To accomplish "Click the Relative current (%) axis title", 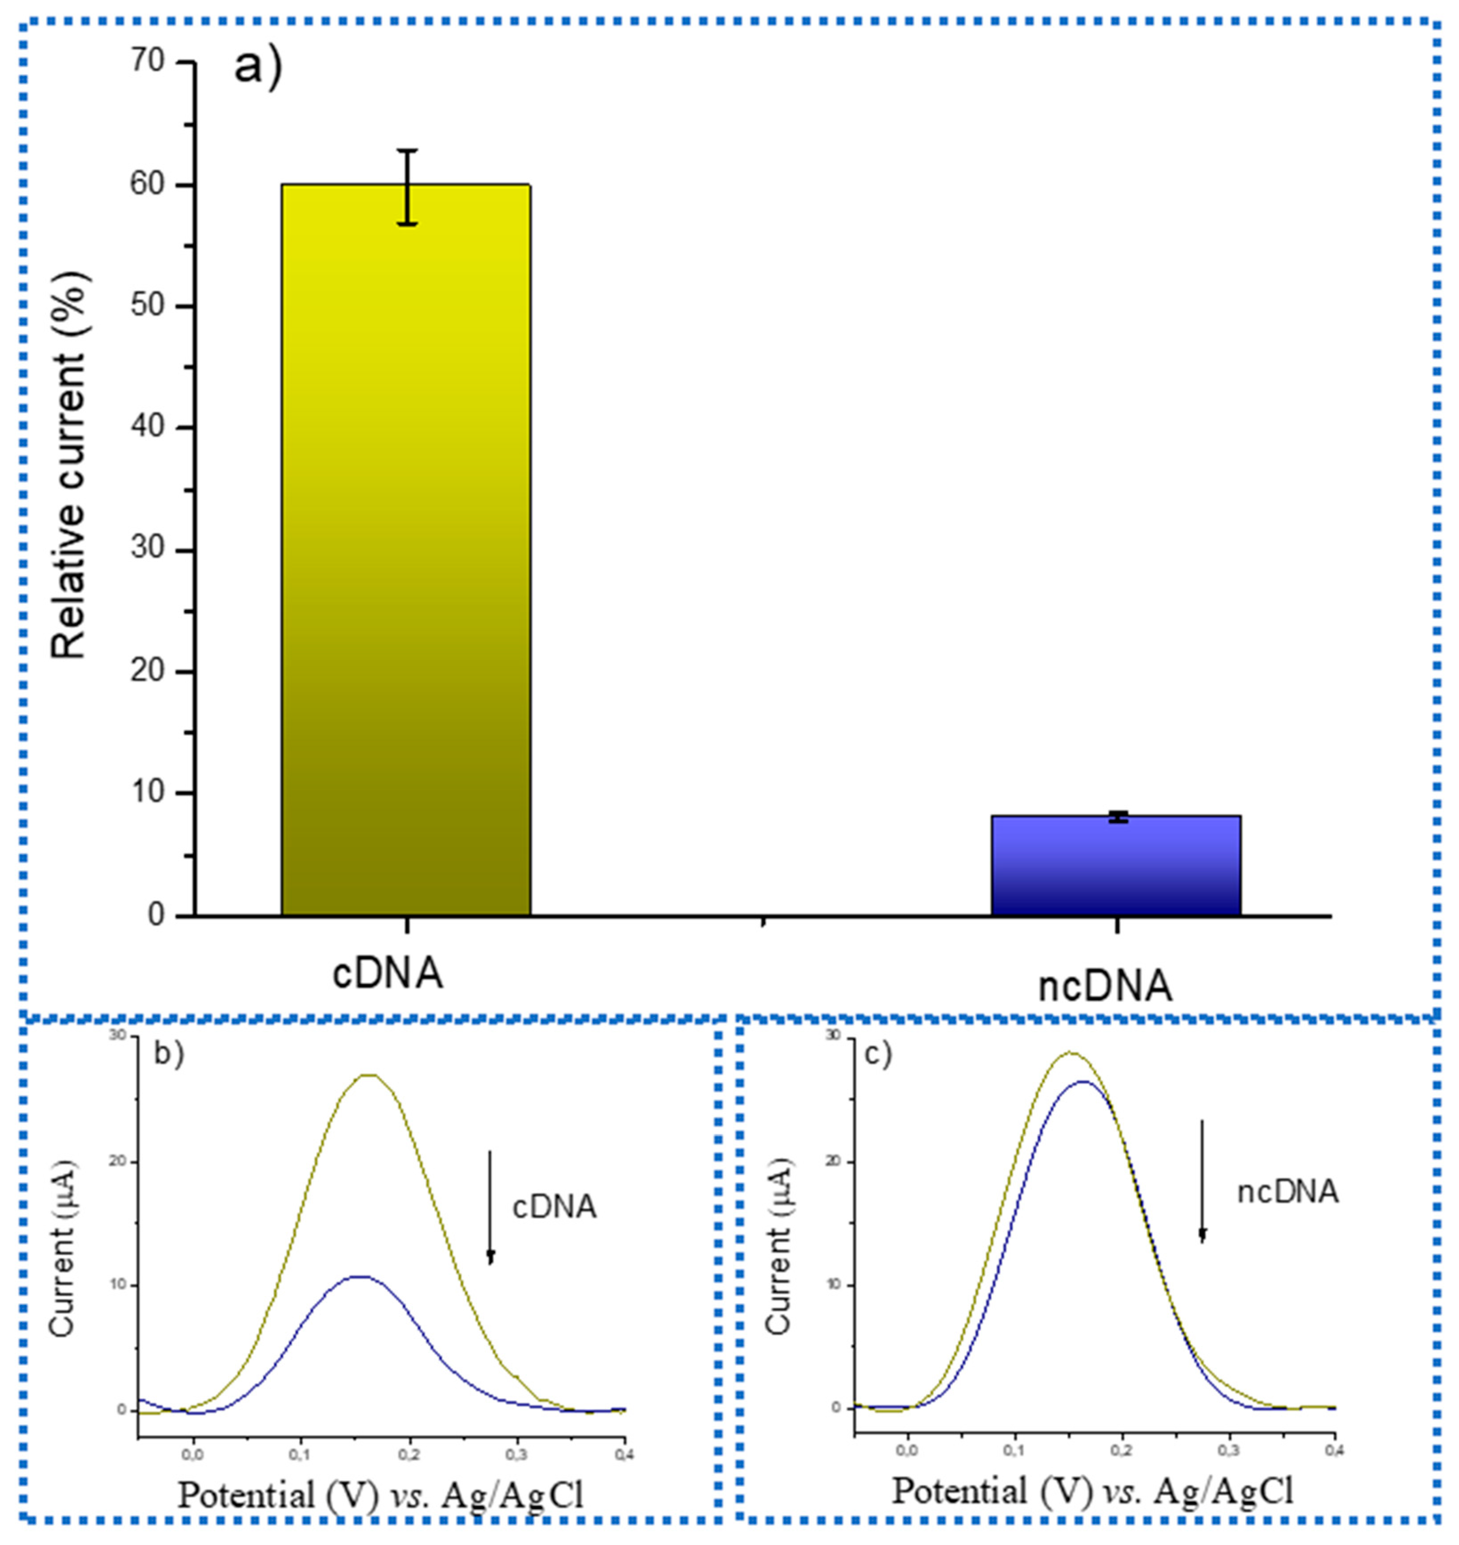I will (72, 467).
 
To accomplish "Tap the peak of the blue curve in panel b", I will (359, 1277).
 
